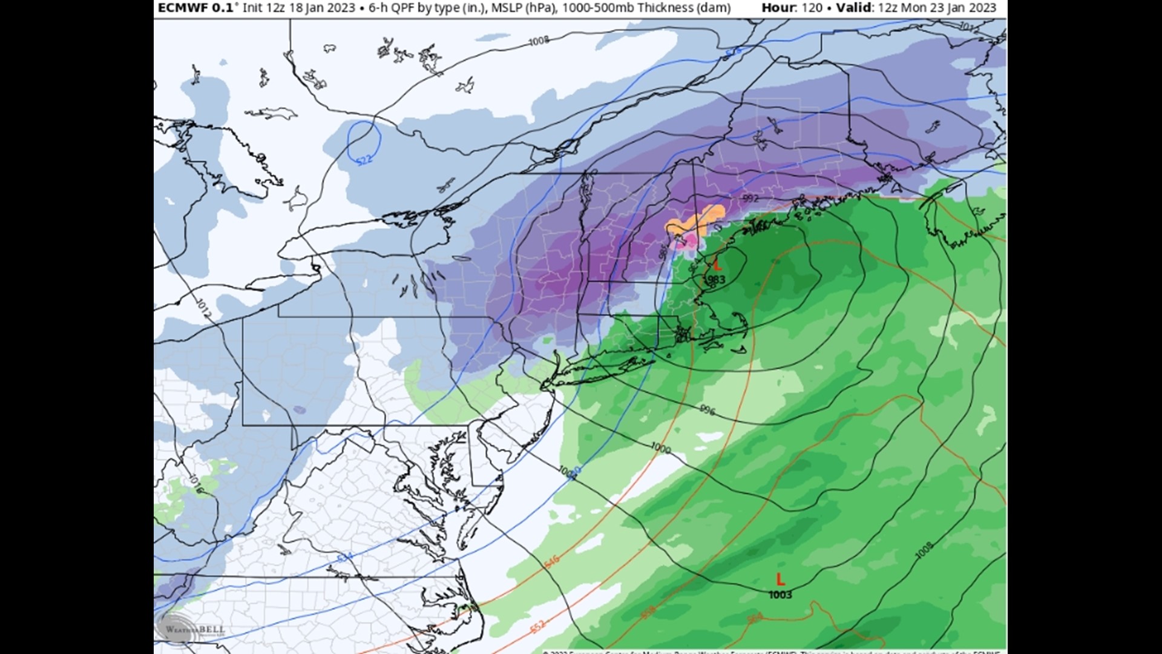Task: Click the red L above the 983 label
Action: [x=717, y=265]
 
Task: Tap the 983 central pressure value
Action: [x=717, y=279]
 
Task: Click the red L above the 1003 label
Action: [x=780, y=580]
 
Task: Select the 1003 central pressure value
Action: [x=780, y=595]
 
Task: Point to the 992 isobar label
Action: [x=750, y=199]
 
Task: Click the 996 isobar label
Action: [x=707, y=411]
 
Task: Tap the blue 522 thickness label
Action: [x=364, y=160]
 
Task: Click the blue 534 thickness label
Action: [x=344, y=557]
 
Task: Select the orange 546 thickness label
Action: [x=551, y=561]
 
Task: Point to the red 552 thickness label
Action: [x=537, y=626]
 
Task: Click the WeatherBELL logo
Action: [x=189, y=629]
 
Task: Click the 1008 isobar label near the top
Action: [x=539, y=41]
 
